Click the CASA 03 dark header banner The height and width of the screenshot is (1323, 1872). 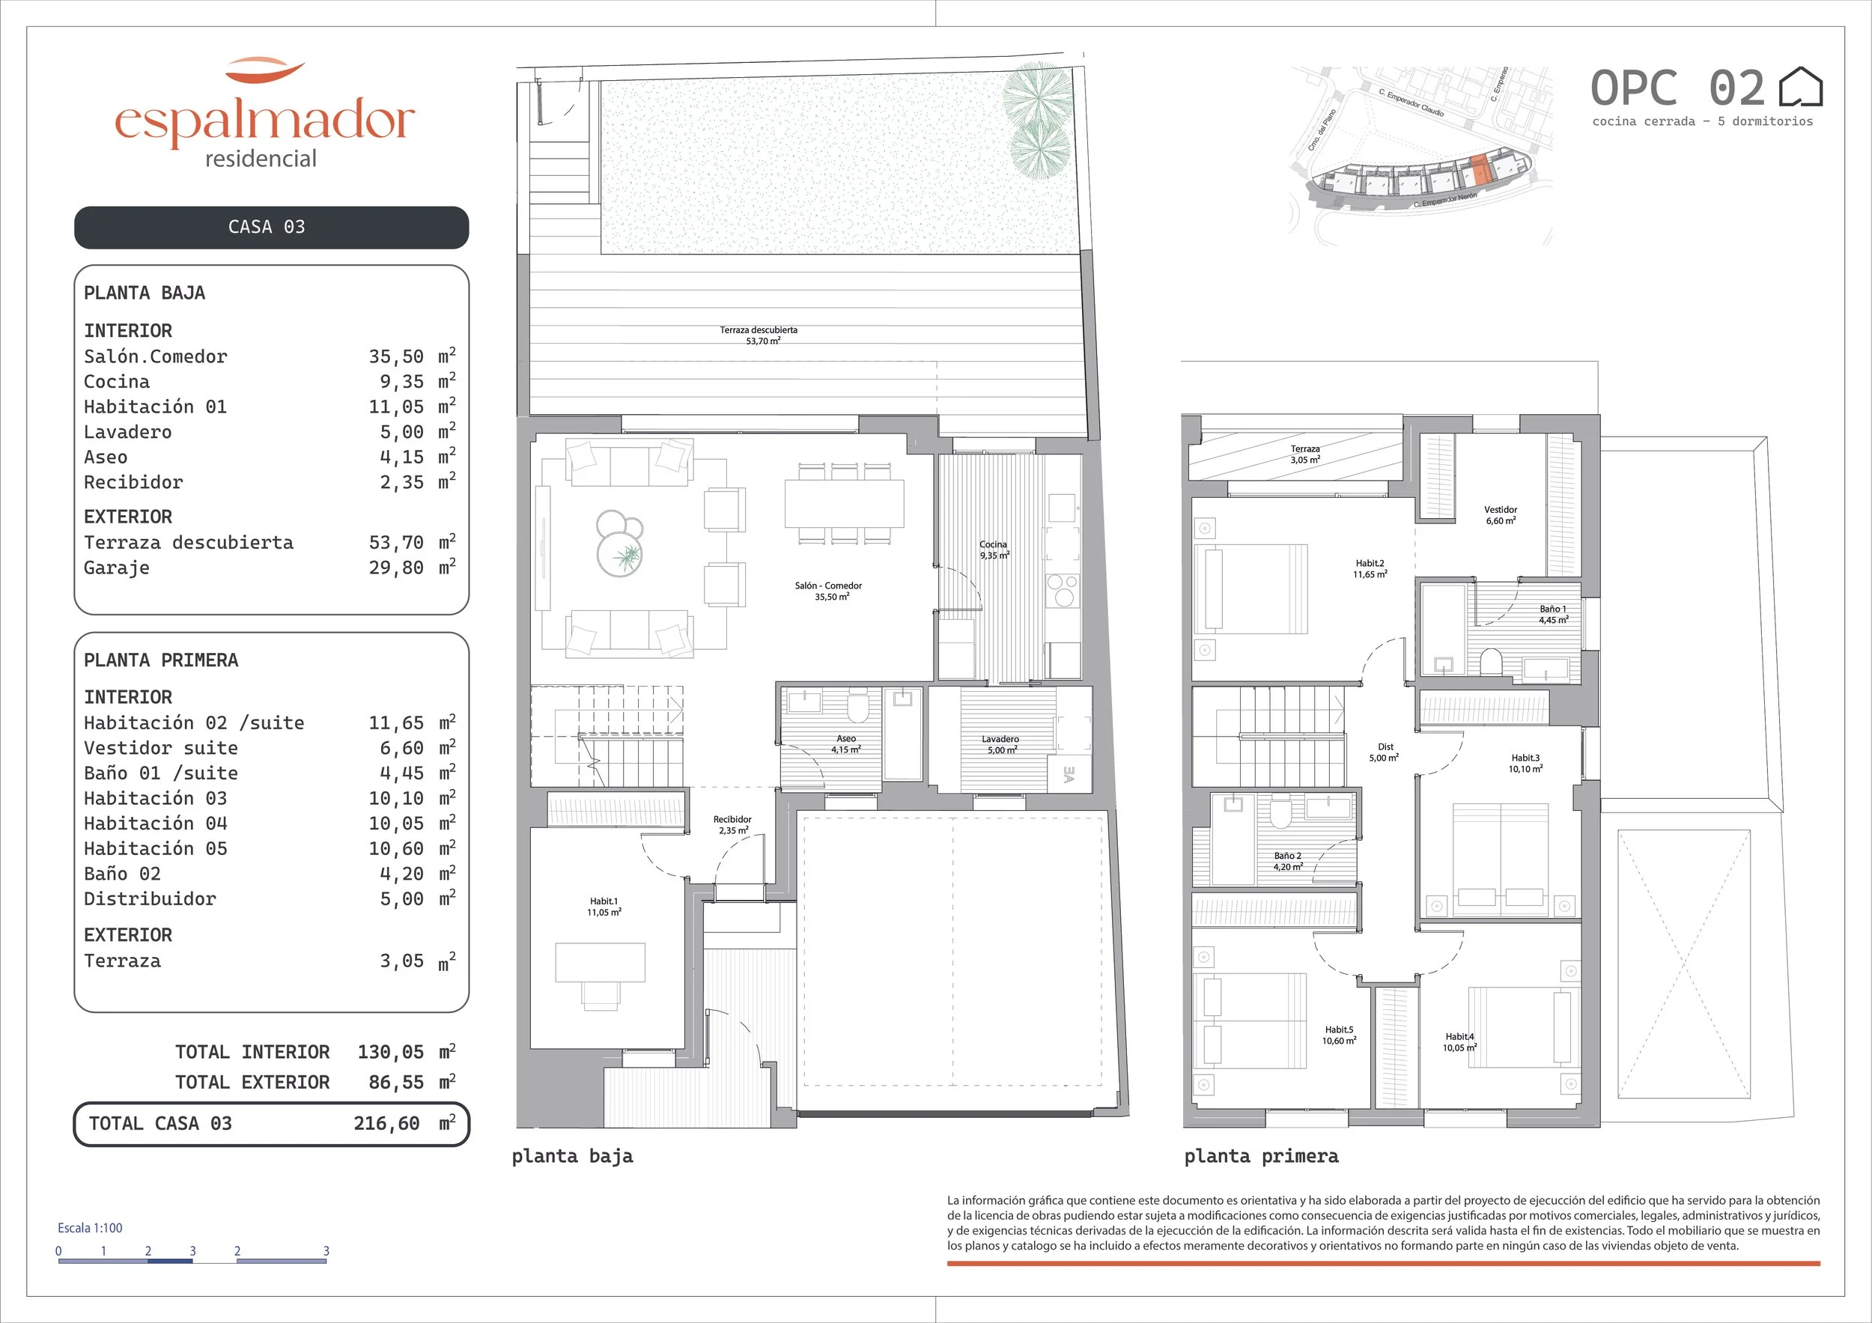click(x=272, y=228)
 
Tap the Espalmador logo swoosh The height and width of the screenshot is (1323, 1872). click(x=265, y=70)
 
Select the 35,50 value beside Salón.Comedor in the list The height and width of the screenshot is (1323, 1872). click(x=396, y=357)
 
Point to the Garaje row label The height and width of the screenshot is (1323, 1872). click(x=117, y=568)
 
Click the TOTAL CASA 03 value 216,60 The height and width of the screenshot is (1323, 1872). click(x=386, y=1123)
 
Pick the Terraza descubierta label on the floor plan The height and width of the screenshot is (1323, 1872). click(x=759, y=335)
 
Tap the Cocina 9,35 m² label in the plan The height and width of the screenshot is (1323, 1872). click(x=994, y=550)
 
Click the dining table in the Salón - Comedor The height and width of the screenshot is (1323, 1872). click(x=845, y=504)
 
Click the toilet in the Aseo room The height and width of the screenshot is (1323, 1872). click(x=857, y=708)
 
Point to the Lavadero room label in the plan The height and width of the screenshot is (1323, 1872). click(x=1000, y=744)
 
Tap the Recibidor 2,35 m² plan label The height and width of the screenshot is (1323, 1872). click(x=732, y=825)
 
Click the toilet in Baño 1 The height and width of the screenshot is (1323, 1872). click(x=1492, y=660)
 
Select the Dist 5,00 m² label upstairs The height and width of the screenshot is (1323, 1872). click(x=1385, y=752)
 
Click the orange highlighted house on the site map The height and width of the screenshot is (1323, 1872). click(x=1480, y=172)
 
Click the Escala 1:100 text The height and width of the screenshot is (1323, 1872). click(x=90, y=1228)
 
